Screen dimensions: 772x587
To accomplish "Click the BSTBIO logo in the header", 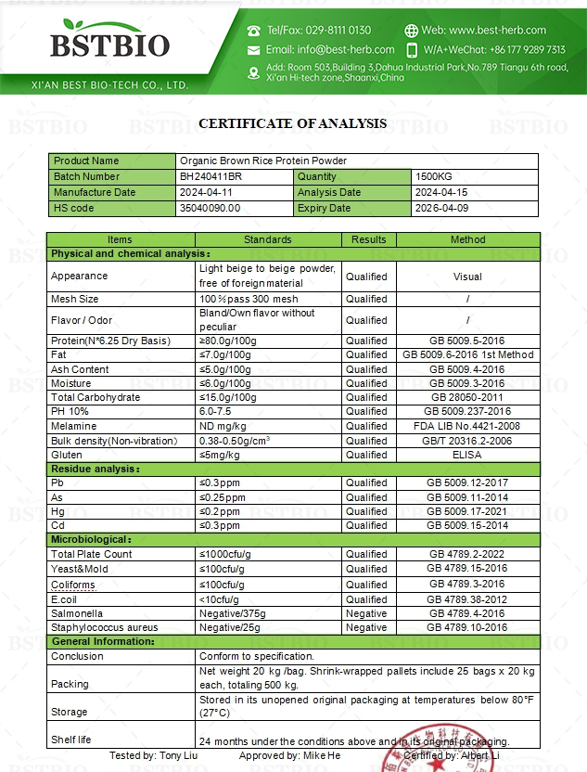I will (109, 45).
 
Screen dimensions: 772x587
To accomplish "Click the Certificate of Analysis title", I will (293, 122).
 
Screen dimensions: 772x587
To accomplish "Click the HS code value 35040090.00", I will (211, 208).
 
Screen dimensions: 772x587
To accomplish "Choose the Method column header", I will (467, 239).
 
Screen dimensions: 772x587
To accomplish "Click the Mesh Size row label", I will (75, 299).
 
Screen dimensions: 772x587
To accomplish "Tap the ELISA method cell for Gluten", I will (467, 455).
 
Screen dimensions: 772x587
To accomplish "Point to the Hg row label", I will (58, 511).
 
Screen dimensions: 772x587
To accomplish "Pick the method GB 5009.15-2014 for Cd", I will (467, 525).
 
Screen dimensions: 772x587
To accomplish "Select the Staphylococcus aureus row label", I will (105, 627).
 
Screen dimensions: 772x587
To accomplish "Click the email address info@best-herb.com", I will (330, 49).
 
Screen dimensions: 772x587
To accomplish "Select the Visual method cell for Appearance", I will (467, 276).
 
